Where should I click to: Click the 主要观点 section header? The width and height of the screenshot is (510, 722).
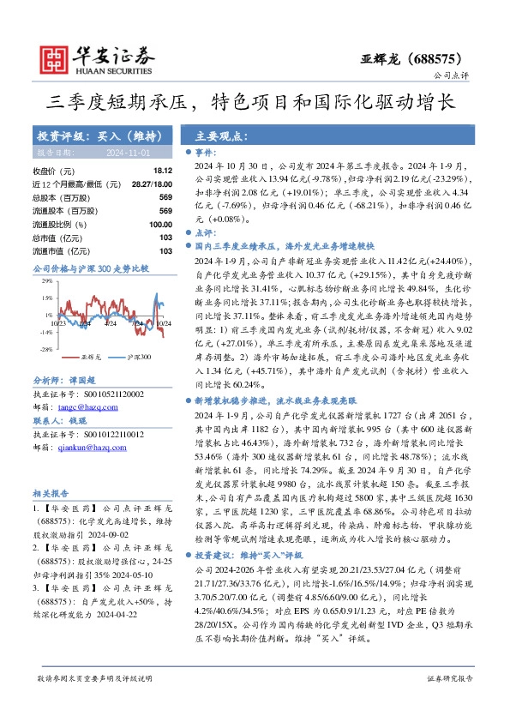pyautogui.click(x=218, y=136)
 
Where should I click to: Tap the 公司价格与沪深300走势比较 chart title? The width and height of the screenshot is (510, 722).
pyautogui.click(x=90, y=268)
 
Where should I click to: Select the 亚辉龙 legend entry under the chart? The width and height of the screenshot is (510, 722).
pyautogui.click(x=91, y=356)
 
